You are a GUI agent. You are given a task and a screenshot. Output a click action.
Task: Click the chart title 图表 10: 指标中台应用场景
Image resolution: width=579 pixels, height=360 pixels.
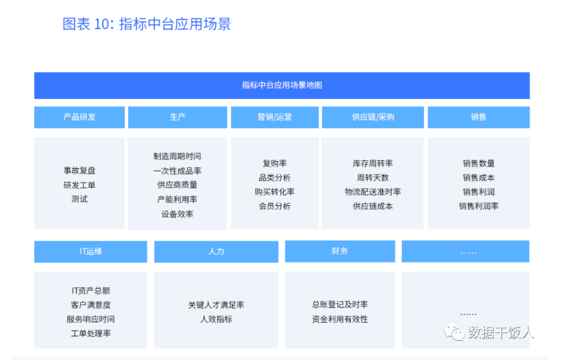point(147,24)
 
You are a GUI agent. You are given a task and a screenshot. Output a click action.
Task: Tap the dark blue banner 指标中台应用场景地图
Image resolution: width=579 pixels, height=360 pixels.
point(281,85)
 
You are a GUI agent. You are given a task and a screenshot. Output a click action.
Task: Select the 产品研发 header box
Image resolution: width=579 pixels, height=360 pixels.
point(80,117)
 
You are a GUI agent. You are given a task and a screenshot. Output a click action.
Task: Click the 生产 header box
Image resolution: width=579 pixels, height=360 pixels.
point(178,117)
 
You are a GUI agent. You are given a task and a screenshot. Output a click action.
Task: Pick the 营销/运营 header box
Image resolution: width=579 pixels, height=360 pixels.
point(274,117)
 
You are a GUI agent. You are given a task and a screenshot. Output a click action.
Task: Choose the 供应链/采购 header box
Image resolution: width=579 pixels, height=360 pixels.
point(373,117)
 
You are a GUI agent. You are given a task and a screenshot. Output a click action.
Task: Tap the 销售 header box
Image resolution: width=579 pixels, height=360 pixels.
point(478,117)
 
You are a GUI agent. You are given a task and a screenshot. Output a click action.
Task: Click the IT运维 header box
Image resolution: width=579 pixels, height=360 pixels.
point(90,252)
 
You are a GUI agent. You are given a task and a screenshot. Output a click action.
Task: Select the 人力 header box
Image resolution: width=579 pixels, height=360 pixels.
point(216,252)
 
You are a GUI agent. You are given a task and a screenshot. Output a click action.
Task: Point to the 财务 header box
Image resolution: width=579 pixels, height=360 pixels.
point(340,252)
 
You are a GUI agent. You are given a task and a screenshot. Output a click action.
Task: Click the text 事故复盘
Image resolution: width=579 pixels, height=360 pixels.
point(80,171)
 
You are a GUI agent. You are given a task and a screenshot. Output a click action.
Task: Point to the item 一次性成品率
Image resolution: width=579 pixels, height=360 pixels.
point(177,171)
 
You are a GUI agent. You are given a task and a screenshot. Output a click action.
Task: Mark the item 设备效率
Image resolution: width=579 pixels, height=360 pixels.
point(177,214)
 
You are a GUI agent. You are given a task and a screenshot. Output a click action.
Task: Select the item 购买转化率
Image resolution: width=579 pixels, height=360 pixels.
point(274,192)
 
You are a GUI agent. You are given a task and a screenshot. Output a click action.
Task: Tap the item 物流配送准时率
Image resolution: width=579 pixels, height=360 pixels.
point(373,192)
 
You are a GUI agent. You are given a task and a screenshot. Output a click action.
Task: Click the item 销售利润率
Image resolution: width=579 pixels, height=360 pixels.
point(478,206)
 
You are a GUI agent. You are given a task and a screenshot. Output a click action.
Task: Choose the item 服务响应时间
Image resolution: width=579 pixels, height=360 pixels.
point(90,319)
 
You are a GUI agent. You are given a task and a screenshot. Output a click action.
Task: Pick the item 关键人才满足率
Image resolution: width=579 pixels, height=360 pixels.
point(216,305)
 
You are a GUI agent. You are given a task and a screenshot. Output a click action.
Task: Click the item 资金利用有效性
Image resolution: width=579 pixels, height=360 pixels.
point(340,319)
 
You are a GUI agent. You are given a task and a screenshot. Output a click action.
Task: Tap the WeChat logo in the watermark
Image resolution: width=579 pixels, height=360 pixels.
point(454,332)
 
